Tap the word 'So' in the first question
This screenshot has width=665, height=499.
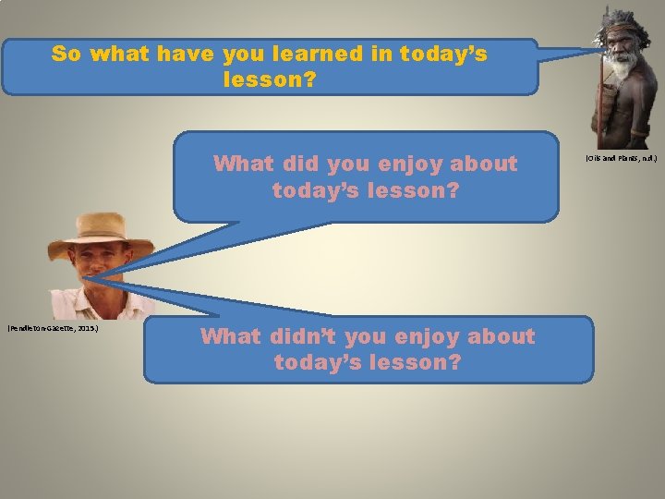66,54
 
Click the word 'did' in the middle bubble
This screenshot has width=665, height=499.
288,164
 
